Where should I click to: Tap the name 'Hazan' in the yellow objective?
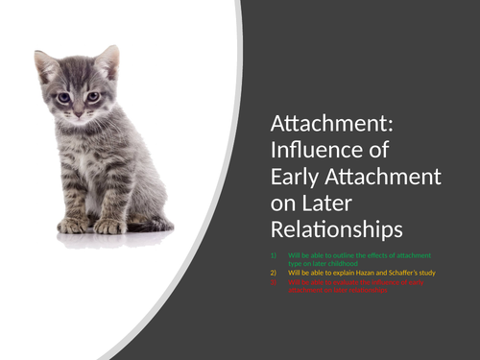368,273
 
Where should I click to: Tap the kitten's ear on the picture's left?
44,66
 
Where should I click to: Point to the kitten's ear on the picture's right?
108,61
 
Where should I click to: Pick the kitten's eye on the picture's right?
93,96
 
